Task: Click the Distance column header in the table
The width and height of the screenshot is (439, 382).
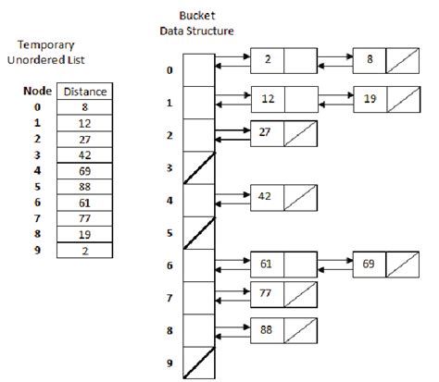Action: point(82,91)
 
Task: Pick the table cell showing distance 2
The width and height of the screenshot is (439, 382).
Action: point(82,250)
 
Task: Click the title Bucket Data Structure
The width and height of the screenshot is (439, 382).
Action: point(195,24)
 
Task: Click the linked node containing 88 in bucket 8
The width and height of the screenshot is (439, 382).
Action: point(267,328)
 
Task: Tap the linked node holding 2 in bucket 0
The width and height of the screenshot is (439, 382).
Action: point(267,61)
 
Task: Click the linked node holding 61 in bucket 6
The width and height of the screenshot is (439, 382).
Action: point(267,264)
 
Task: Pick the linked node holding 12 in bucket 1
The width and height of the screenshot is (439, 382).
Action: point(267,96)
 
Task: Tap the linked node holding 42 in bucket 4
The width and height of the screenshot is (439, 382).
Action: point(267,196)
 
